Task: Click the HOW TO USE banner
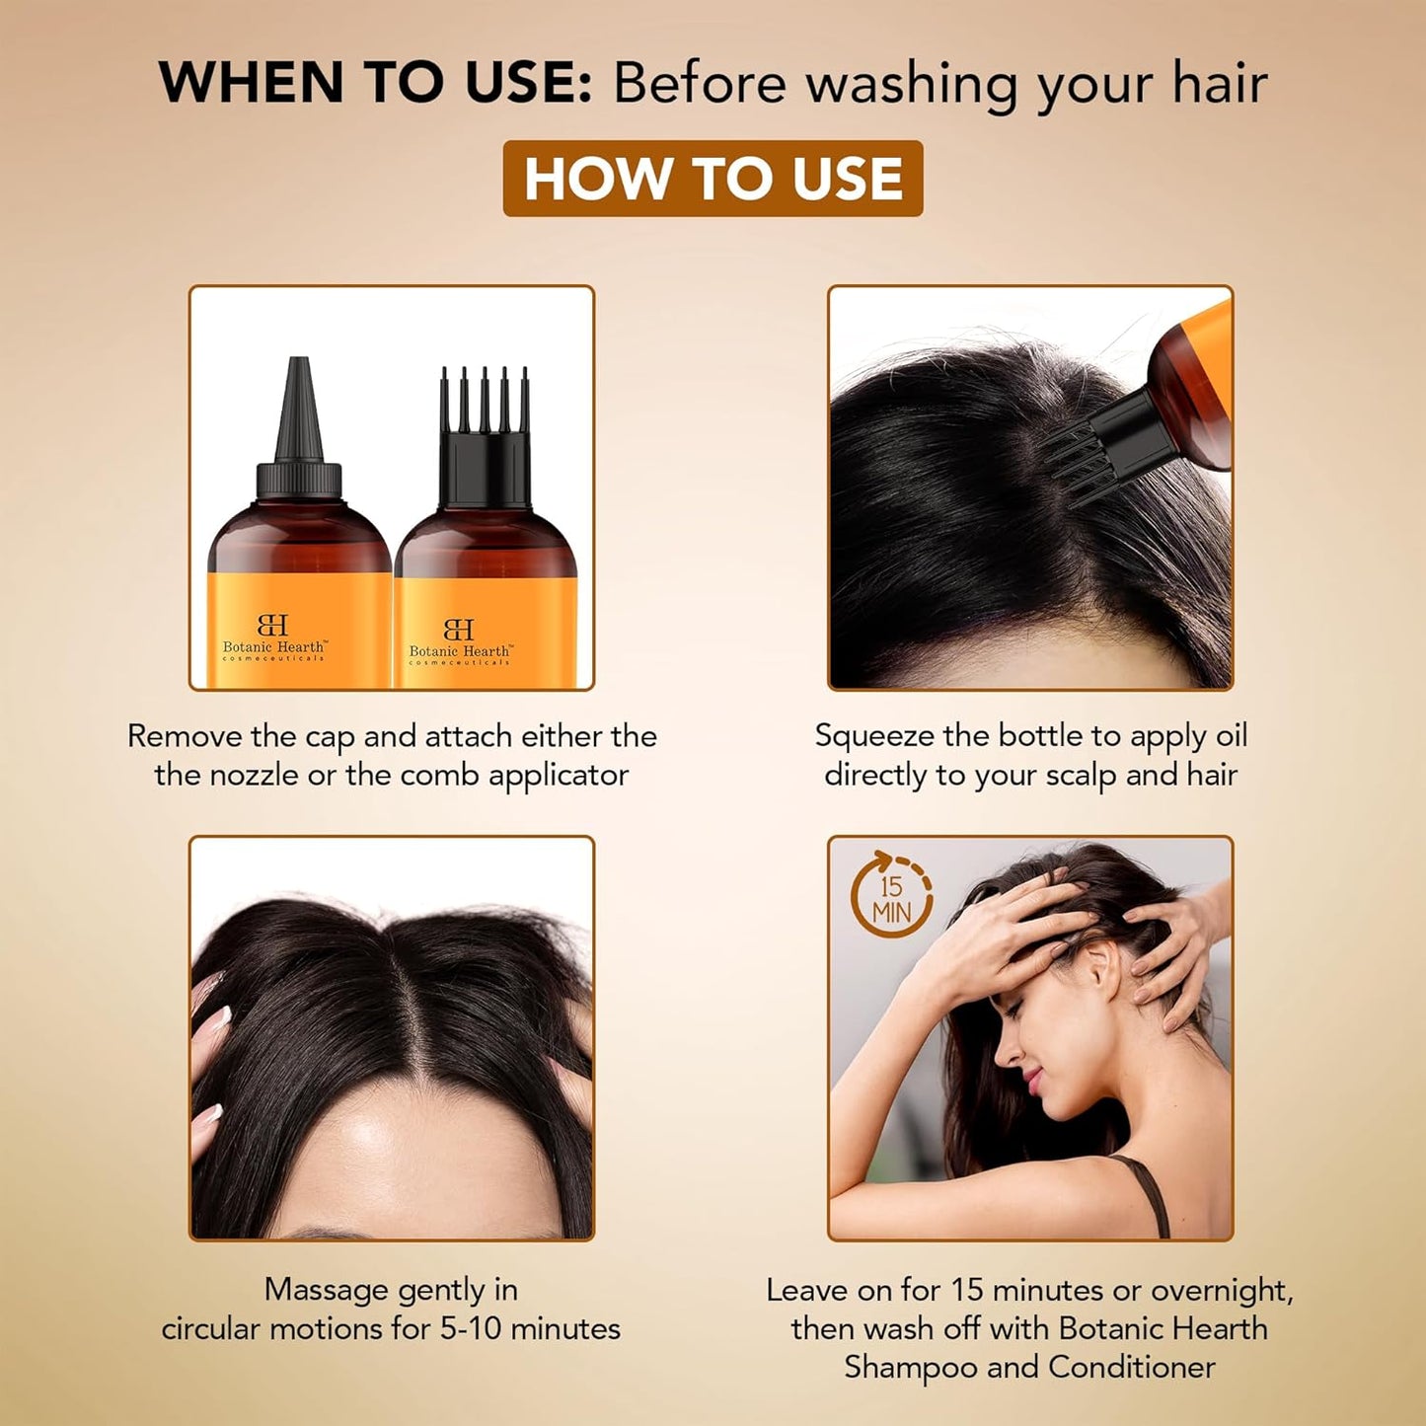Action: coord(713,179)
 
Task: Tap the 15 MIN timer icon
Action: coord(891,897)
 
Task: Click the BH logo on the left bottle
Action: coord(272,625)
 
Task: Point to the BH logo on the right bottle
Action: coord(459,630)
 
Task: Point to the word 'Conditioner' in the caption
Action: coord(1131,1368)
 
